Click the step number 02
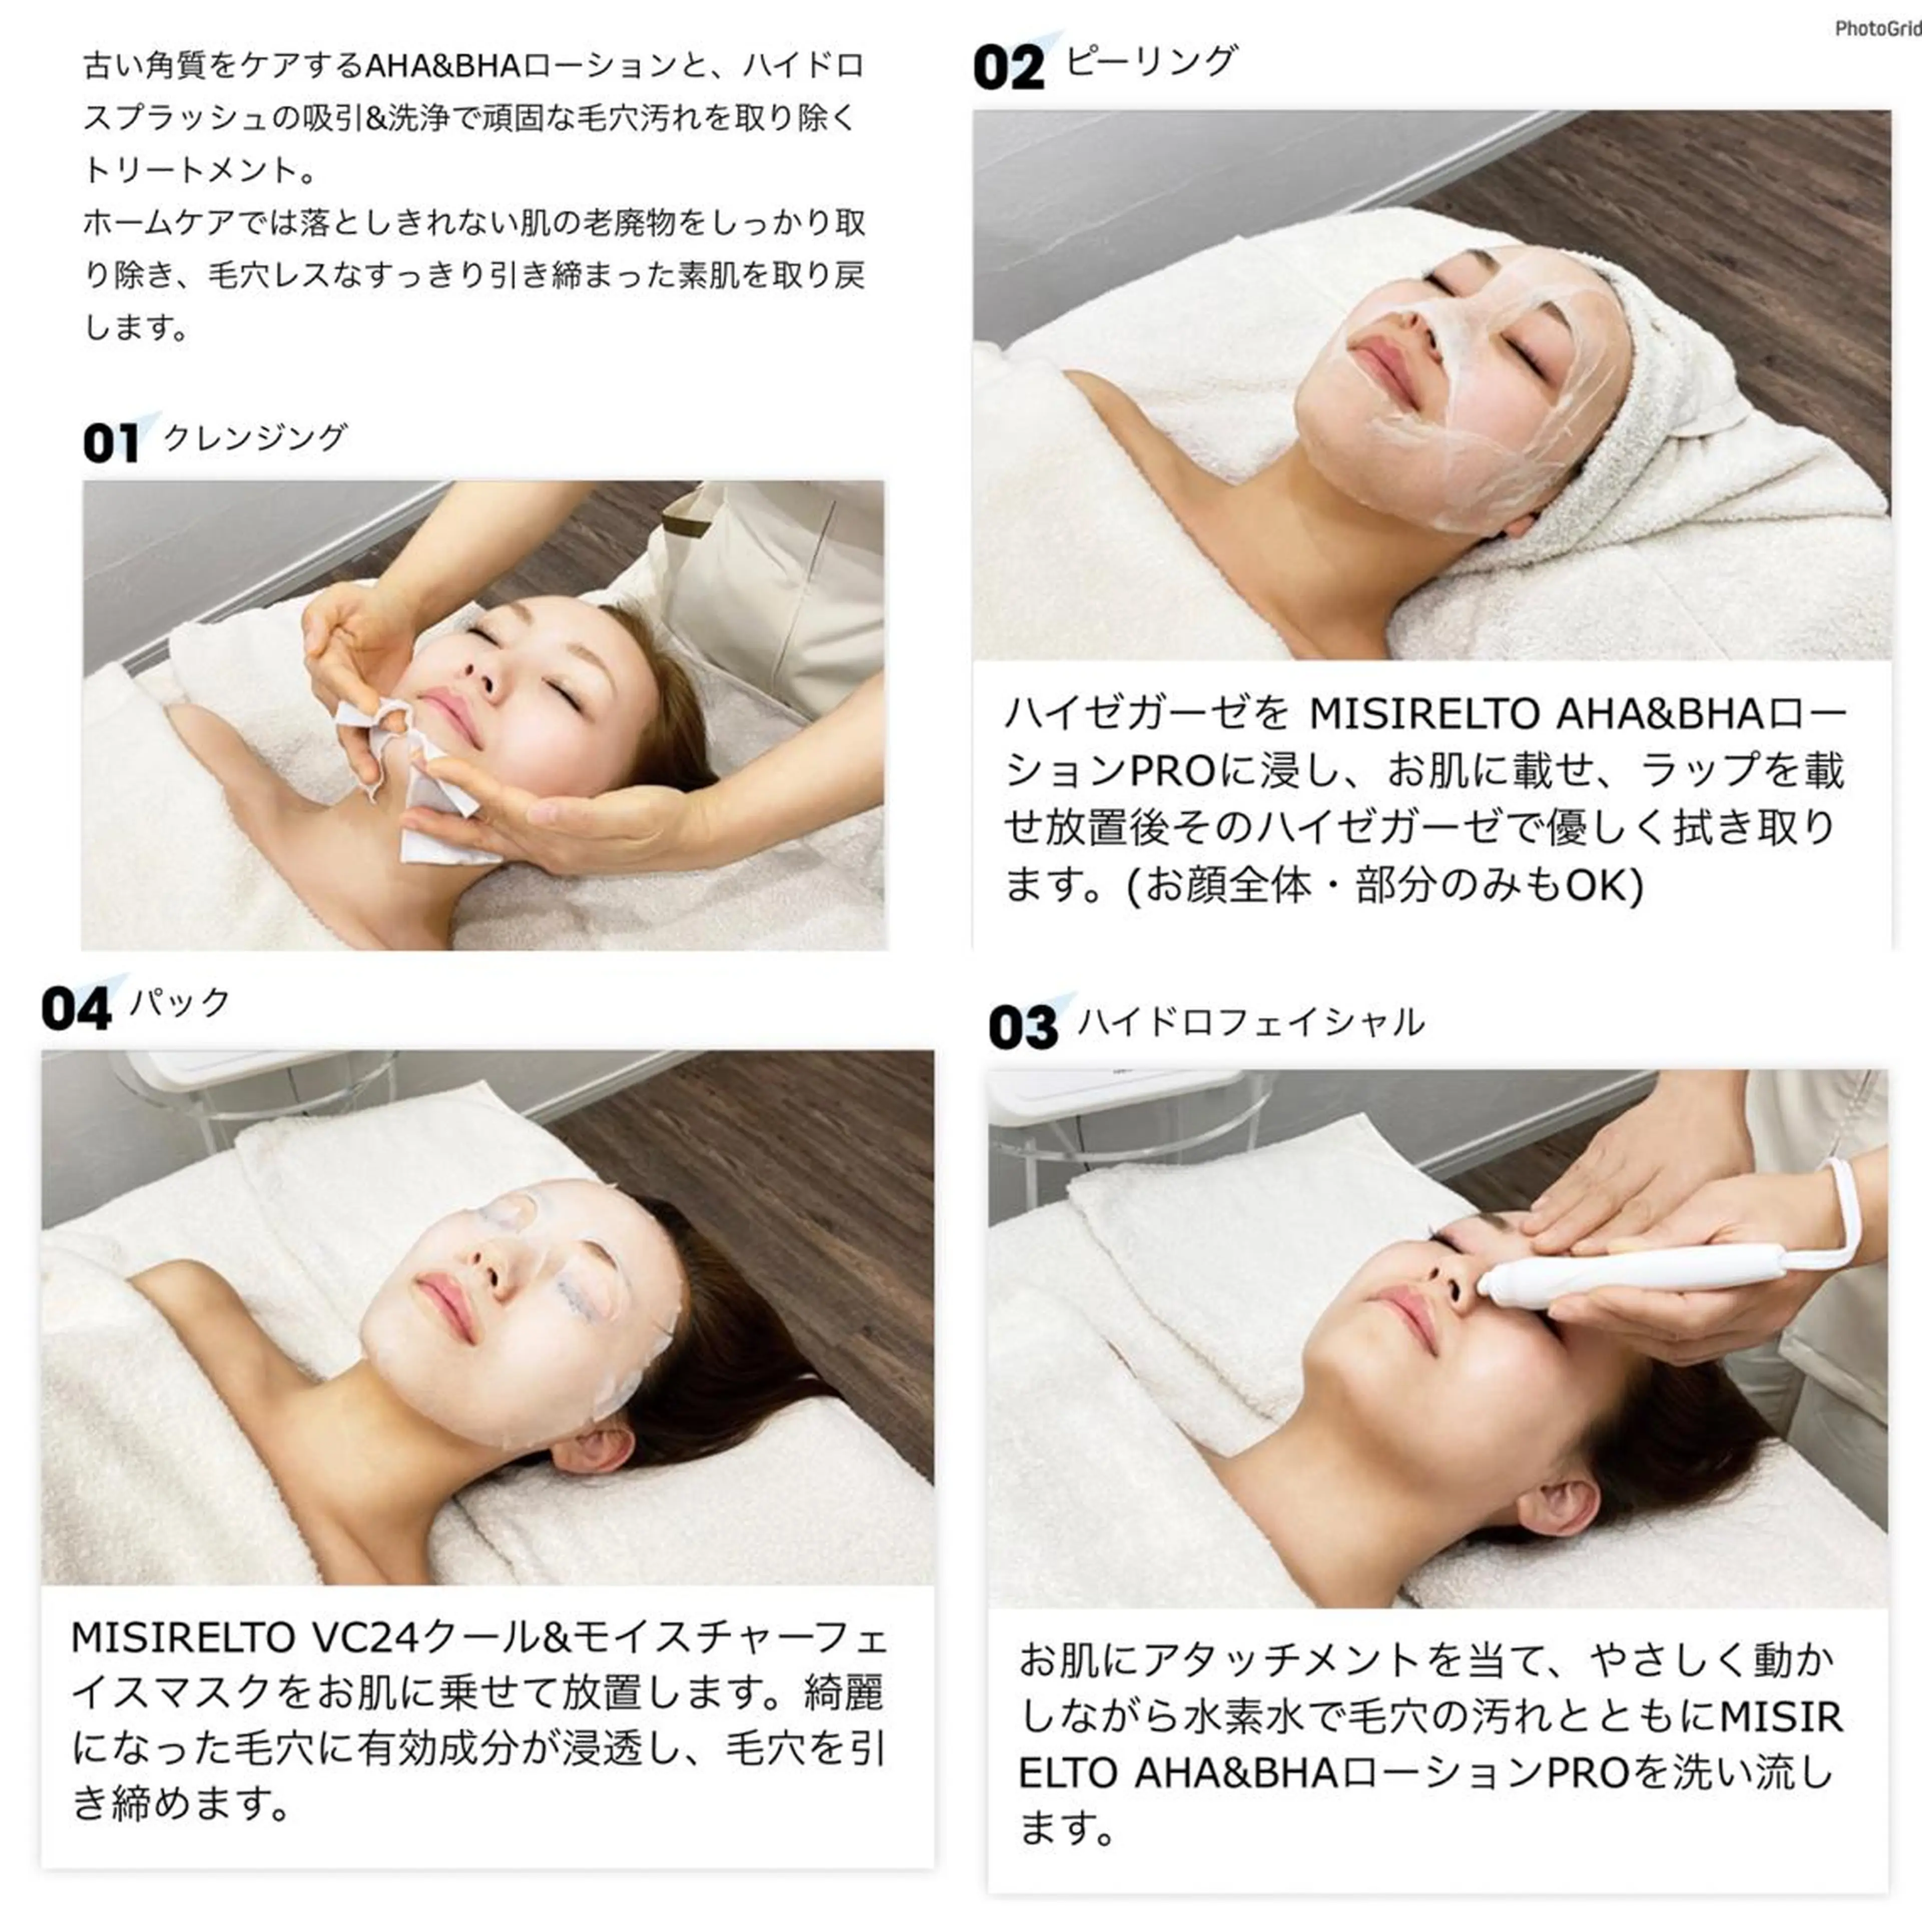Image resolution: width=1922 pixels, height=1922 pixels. click(x=1009, y=68)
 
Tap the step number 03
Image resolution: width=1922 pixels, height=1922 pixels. click(x=1023, y=1028)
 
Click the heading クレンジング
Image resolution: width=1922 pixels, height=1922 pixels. click(x=255, y=437)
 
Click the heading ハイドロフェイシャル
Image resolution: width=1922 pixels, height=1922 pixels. click(x=1251, y=1022)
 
